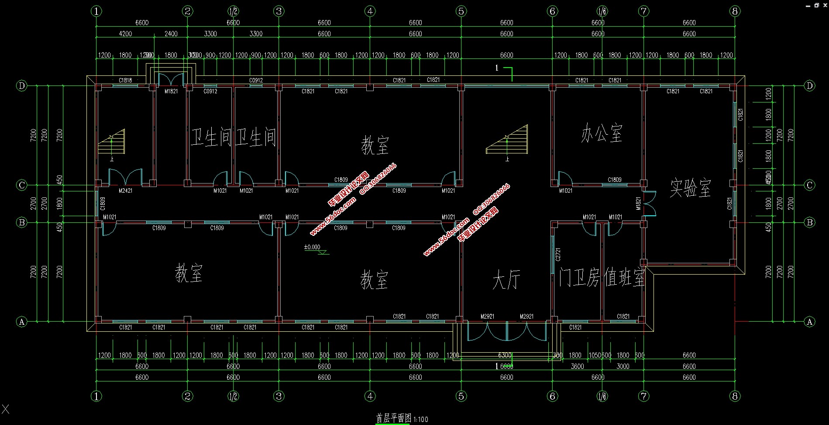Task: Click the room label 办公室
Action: [x=601, y=133]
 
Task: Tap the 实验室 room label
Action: [x=690, y=187]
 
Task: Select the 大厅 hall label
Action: [x=506, y=279]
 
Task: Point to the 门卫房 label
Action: [x=579, y=277]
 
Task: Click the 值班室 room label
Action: [x=624, y=277]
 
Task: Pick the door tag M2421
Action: [x=125, y=190]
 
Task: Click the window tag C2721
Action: [x=558, y=254]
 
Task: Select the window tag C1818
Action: [x=125, y=80]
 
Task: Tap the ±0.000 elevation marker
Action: [x=312, y=247]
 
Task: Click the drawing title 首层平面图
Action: [x=393, y=418]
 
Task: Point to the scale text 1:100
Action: [x=420, y=419]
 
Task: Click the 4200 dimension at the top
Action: [x=125, y=34]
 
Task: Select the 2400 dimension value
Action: [x=171, y=34]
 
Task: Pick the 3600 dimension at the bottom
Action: [x=577, y=367]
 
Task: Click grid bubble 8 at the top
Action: [x=735, y=11]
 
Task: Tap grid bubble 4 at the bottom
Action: [x=370, y=396]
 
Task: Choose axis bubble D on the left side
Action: [x=21, y=85]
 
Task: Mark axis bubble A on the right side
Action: [x=809, y=322]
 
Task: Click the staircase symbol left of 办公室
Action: [x=507, y=140]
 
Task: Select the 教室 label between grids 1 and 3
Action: [x=189, y=273]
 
